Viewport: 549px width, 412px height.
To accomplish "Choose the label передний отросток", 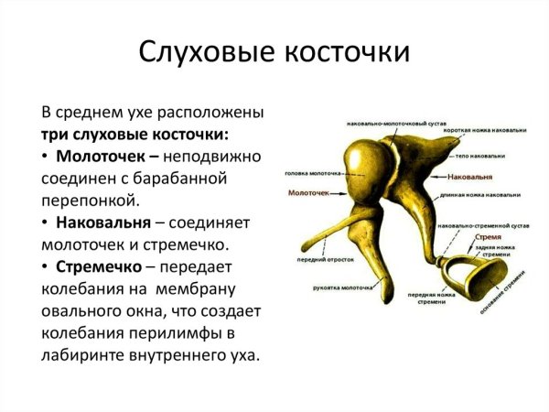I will (320, 260).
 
